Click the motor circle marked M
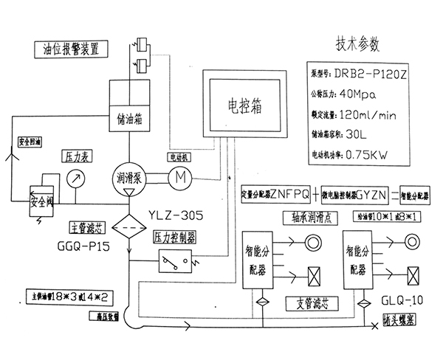180,177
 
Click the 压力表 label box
75,157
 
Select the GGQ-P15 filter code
83,245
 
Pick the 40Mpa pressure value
361,95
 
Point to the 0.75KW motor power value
366,156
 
